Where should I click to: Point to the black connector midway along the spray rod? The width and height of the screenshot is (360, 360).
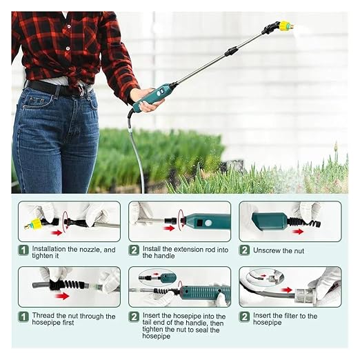(x=231, y=50)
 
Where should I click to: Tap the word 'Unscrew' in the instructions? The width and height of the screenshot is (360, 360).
(x=266, y=250)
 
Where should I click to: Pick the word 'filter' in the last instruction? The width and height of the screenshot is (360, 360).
(x=286, y=316)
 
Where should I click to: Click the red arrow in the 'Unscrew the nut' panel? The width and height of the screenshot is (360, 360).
(x=298, y=232)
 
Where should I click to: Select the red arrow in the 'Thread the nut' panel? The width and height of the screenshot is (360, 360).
(x=62, y=296)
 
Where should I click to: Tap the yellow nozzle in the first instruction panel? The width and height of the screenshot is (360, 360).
(x=35, y=224)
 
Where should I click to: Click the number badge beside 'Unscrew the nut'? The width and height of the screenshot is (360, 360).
(x=244, y=250)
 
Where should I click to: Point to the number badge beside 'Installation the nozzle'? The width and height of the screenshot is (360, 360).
(x=23, y=250)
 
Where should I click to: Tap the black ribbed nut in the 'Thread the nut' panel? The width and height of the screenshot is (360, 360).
(x=68, y=285)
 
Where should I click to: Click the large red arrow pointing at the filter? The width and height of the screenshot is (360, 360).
(x=287, y=290)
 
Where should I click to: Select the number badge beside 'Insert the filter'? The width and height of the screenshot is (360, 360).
(x=244, y=317)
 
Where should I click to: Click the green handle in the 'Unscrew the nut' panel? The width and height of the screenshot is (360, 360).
(x=270, y=221)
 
